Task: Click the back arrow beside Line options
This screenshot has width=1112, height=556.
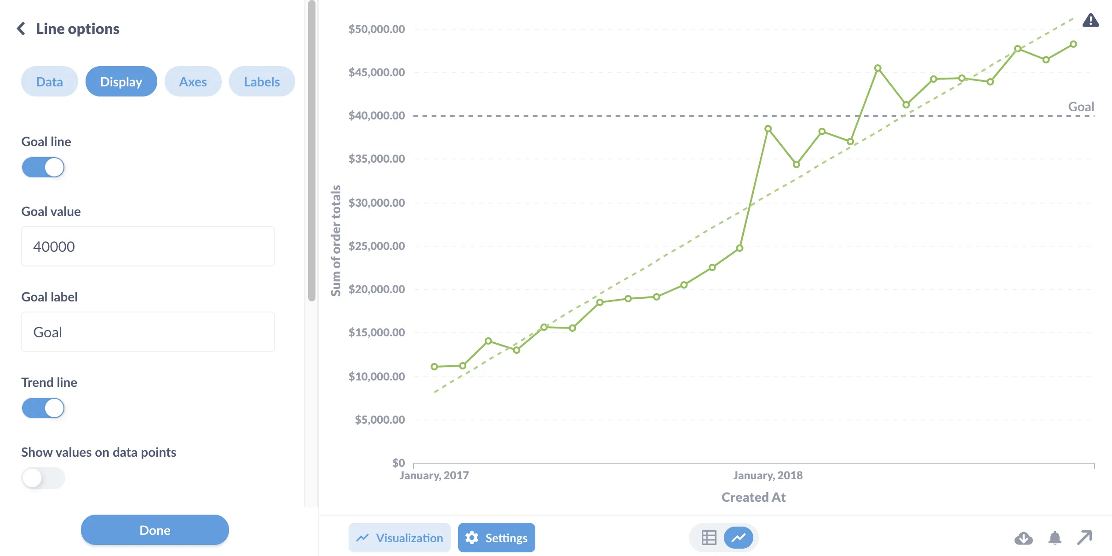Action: click(21, 28)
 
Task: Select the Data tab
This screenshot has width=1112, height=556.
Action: click(49, 82)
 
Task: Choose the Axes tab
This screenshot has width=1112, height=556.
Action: click(193, 82)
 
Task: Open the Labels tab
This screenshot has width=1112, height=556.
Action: click(262, 82)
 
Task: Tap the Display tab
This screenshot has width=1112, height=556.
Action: click(121, 82)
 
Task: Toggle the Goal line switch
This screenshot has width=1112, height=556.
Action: click(43, 167)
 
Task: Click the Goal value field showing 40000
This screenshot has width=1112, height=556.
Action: click(148, 246)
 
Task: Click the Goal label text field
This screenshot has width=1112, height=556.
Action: click(148, 332)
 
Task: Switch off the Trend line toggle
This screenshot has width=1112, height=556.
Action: click(43, 408)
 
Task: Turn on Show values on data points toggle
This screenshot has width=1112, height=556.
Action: click(43, 478)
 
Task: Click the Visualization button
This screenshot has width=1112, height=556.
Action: click(399, 538)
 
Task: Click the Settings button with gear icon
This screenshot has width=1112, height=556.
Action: click(496, 538)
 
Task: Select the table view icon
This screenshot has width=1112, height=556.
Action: click(709, 538)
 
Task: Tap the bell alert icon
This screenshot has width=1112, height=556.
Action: click(1055, 538)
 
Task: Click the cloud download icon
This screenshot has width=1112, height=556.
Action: click(1023, 538)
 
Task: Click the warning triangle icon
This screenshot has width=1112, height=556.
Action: click(1090, 21)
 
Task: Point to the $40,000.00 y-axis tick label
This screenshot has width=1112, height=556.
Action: click(376, 115)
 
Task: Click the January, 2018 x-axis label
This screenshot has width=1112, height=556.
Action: click(768, 475)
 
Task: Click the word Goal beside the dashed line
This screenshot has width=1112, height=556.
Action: click(1081, 107)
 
